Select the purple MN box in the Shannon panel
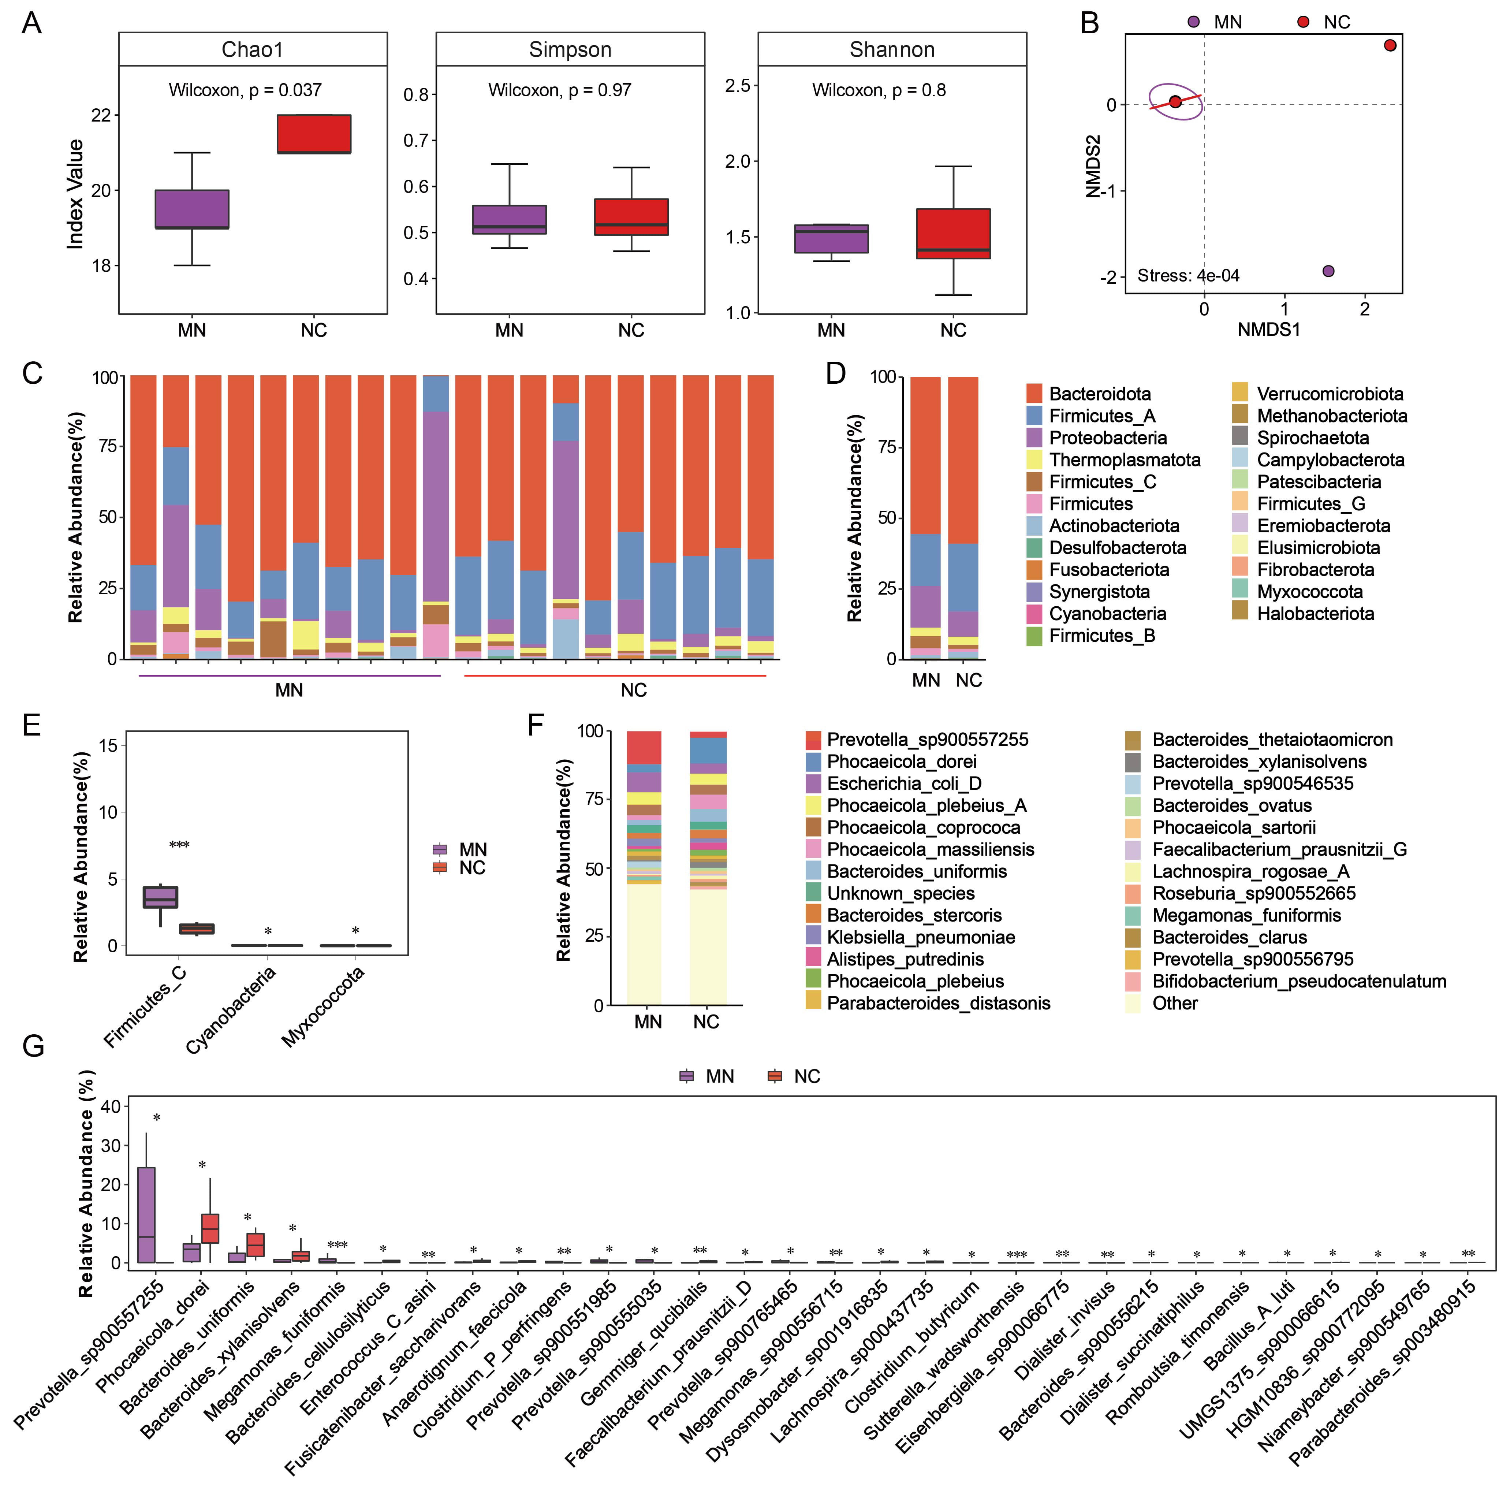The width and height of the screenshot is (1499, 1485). point(831,238)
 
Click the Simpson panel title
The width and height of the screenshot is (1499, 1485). point(570,50)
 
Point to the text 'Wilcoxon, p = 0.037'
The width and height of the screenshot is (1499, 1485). point(245,91)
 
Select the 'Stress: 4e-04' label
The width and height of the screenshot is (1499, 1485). point(1188,275)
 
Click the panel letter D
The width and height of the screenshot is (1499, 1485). point(836,374)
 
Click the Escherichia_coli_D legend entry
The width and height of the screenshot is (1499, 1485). point(904,784)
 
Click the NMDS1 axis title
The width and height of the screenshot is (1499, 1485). point(1268,330)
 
